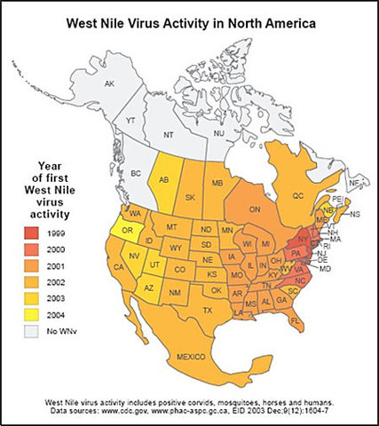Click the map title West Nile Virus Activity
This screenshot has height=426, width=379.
coord(189,19)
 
